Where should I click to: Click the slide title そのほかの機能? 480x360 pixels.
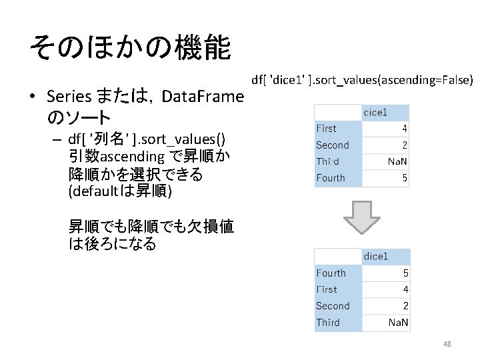click(x=130, y=48)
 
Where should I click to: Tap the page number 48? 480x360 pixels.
click(x=447, y=344)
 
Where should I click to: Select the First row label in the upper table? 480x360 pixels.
click(x=326, y=129)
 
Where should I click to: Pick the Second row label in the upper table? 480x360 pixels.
click(x=332, y=145)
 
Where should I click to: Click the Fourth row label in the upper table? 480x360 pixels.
click(x=331, y=178)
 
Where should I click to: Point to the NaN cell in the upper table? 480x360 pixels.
click(x=398, y=162)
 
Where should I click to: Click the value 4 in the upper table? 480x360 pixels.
click(x=405, y=129)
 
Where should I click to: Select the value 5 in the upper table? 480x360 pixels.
click(x=405, y=178)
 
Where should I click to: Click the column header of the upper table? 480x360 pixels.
click(x=375, y=113)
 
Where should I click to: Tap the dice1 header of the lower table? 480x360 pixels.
click(x=376, y=257)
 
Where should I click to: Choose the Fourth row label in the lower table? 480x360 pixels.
click(x=331, y=273)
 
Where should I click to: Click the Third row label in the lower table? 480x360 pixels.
click(x=328, y=323)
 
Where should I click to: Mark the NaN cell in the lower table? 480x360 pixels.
click(x=399, y=323)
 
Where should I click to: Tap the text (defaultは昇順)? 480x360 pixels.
click(x=120, y=192)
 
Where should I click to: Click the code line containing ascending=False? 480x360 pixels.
click(x=362, y=81)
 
